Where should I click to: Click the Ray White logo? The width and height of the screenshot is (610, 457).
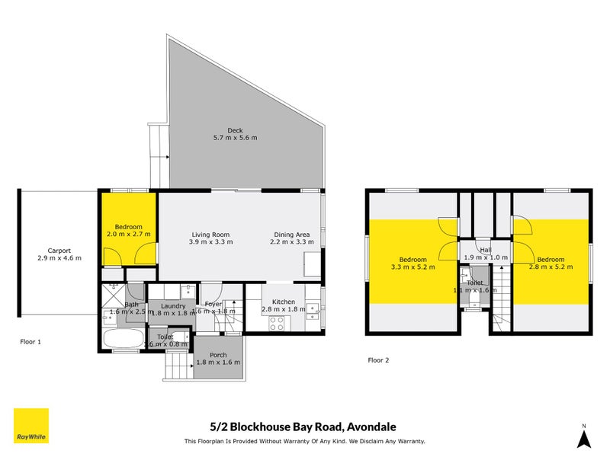(31, 427)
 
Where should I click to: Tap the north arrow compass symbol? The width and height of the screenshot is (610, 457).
(583, 438)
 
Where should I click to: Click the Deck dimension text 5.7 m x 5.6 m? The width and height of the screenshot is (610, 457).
(235, 138)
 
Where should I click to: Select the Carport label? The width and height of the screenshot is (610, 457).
(59, 251)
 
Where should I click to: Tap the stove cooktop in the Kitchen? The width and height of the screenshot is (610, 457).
(276, 321)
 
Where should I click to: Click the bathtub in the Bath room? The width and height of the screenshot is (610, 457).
(120, 339)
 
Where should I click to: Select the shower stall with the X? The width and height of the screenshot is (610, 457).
(115, 291)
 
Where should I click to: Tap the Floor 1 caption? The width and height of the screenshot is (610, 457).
(30, 342)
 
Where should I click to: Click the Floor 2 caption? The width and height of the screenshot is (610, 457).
(379, 360)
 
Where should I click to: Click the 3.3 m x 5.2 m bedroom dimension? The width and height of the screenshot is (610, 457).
(413, 267)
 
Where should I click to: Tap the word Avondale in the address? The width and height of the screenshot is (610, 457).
(371, 427)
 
